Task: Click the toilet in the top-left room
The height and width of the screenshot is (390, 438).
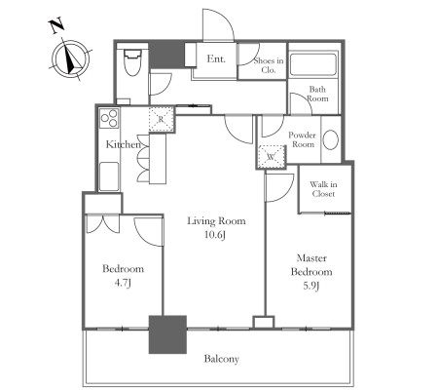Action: (131, 62)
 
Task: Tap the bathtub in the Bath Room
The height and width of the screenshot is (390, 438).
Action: (313, 64)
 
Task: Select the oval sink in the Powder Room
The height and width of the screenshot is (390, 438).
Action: (331, 140)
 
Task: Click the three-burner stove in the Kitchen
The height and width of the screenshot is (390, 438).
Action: (109, 118)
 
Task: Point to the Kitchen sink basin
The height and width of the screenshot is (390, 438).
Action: (109, 176)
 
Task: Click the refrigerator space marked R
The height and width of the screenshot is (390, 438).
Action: (161, 119)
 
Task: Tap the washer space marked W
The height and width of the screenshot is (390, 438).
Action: (272, 157)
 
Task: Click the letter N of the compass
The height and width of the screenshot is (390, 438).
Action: (56, 26)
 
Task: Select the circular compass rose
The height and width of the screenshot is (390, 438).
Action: (70, 59)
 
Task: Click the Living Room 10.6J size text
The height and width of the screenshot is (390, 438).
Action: (215, 235)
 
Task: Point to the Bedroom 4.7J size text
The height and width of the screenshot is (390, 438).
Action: (123, 283)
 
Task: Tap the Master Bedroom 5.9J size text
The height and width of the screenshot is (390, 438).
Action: (311, 286)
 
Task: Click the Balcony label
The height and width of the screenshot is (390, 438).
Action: (222, 359)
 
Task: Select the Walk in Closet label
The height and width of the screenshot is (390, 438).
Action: (323, 189)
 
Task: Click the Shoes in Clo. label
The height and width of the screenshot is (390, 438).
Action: (269, 65)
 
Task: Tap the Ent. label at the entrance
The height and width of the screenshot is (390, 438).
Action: (216, 58)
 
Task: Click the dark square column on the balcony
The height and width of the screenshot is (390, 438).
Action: (167, 334)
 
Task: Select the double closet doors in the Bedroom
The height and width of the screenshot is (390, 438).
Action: (103, 224)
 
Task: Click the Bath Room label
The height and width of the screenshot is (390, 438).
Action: (317, 94)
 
